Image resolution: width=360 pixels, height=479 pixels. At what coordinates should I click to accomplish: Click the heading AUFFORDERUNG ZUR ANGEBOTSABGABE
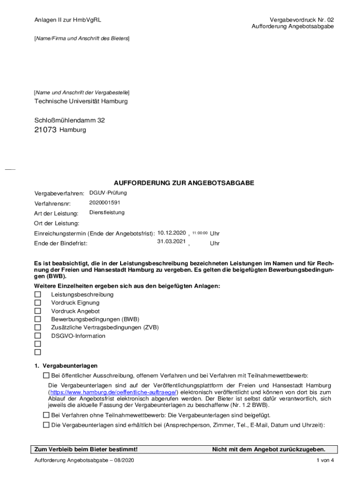pyautogui.click(x=184, y=183)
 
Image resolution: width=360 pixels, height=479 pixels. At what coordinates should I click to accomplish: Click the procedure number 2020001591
pyautogui.click(x=105, y=203)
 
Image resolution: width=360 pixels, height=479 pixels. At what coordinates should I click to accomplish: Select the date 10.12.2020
pyautogui.click(x=172, y=232)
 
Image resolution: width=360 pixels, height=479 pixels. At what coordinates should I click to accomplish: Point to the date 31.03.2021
pyautogui.click(x=172, y=241)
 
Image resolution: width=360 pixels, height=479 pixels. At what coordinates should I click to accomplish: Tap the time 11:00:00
pyautogui.click(x=200, y=233)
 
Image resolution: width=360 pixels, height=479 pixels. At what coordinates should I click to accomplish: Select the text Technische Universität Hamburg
pyautogui.click(x=81, y=101)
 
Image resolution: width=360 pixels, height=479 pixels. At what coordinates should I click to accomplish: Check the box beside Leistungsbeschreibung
pyautogui.click(x=38, y=295)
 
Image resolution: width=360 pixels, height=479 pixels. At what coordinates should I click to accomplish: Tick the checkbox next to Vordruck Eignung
pyautogui.click(x=38, y=303)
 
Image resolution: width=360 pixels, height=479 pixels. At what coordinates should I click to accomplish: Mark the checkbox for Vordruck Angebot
pyautogui.click(x=38, y=311)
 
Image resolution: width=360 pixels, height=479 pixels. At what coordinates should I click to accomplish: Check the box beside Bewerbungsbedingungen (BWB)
pyautogui.click(x=38, y=319)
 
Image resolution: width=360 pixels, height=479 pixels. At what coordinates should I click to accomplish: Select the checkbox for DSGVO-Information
pyautogui.click(x=38, y=336)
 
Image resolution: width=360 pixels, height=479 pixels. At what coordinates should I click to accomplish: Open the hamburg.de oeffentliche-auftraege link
pyautogui.click(x=114, y=392)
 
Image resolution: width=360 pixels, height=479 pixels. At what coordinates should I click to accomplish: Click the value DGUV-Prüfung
pyautogui.click(x=108, y=193)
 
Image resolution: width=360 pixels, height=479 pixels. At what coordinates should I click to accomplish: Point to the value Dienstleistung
pyautogui.click(x=107, y=212)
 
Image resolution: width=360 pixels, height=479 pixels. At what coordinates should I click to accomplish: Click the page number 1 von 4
pyautogui.click(x=325, y=461)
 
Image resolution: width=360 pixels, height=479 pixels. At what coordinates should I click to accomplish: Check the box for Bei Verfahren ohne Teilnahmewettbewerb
pyautogui.click(x=46, y=415)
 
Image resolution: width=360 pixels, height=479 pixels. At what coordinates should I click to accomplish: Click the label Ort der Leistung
pyautogui.click(x=57, y=223)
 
